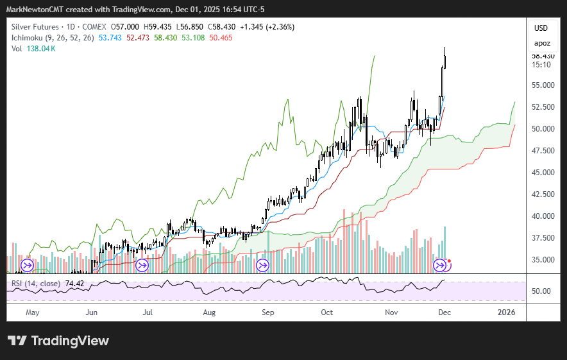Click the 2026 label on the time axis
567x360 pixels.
tap(507, 313)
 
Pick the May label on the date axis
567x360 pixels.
tap(32, 313)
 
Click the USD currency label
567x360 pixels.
tap(541, 28)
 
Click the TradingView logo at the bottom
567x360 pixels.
tap(58, 341)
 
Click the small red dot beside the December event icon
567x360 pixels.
tap(449, 261)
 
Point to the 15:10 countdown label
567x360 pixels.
tap(541, 64)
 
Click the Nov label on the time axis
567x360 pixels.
tap(391, 313)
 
